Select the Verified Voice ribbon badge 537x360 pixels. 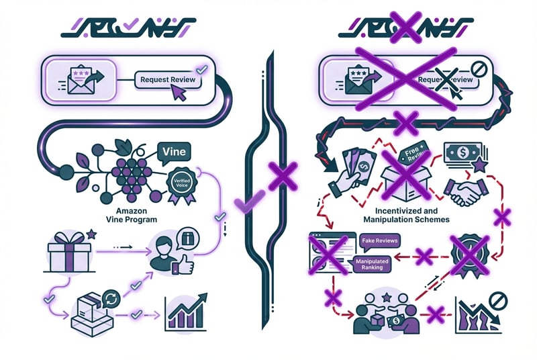tap(180, 185)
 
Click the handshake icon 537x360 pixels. tap(466, 193)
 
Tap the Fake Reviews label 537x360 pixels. tap(379, 240)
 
